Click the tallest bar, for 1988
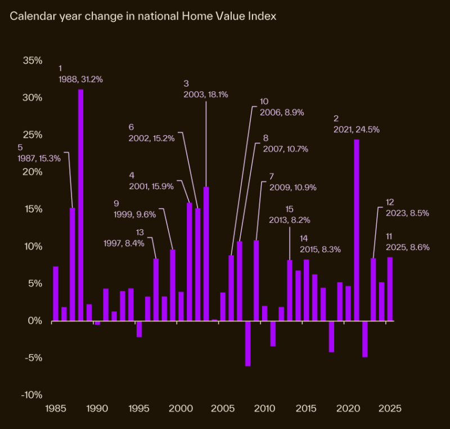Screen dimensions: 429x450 click(80, 205)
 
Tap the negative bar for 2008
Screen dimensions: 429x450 click(247, 343)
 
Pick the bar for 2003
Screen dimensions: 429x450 click(206, 253)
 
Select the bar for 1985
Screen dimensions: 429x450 click(56, 293)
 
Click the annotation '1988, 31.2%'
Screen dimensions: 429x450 click(80, 79)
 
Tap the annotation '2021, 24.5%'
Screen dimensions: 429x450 click(356, 129)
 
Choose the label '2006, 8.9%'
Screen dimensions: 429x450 click(281, 112)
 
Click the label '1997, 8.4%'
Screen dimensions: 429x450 click(124, 243)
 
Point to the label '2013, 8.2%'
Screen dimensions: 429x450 click(305, 220)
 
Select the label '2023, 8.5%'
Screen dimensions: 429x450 click(408, 213)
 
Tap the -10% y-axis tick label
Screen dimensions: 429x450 click(31, 395)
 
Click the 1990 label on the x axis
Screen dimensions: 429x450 click(97, 408)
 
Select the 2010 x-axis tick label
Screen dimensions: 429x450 click(264, 408)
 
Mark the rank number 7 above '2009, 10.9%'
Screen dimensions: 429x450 click(272, 176)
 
